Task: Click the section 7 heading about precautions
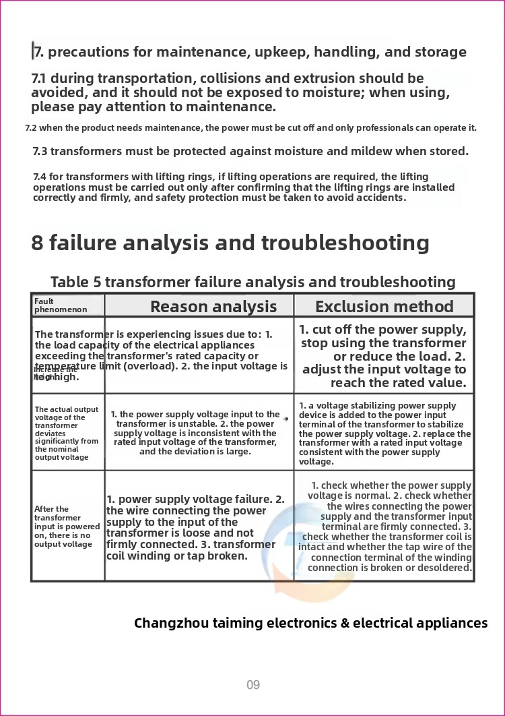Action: click(249, 52)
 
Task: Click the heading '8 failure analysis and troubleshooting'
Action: click(230, 243)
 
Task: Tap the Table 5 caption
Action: click(252, 282)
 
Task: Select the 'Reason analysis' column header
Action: click(213, 307)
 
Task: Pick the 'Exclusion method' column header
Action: click(384, 307)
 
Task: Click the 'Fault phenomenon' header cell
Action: click(61, 305)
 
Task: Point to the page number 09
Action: click(252, 685)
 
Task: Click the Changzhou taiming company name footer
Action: click(310, 623)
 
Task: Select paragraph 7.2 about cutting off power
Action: click(250, 127)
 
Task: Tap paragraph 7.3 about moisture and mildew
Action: click(250, 151)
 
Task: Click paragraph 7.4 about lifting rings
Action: click(244, 187)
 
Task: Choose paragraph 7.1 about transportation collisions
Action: click(240, 92)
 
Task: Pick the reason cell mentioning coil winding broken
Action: click(196, 527)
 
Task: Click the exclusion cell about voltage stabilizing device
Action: click(384, 434)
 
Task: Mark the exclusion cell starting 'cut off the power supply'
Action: click(383, 356)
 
